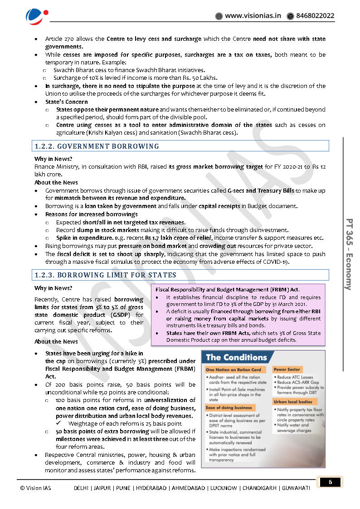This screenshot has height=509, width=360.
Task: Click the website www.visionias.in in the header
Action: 253,16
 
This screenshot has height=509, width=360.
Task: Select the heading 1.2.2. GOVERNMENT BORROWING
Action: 97,146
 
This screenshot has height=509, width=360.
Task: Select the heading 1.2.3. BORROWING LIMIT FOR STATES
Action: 106,275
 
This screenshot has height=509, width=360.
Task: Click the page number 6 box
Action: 330,482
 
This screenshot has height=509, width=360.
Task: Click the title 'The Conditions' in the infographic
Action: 236,357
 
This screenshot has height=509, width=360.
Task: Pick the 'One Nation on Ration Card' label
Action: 234,370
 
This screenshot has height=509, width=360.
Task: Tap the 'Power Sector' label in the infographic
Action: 287,369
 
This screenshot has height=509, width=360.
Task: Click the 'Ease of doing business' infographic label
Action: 229,407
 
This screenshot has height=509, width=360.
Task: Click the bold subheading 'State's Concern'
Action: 67,102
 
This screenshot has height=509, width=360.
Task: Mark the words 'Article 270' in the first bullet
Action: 59,39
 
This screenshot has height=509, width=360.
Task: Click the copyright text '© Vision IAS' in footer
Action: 36,488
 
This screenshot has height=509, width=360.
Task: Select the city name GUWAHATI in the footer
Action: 296,488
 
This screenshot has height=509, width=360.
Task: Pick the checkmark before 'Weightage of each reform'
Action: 60,424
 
